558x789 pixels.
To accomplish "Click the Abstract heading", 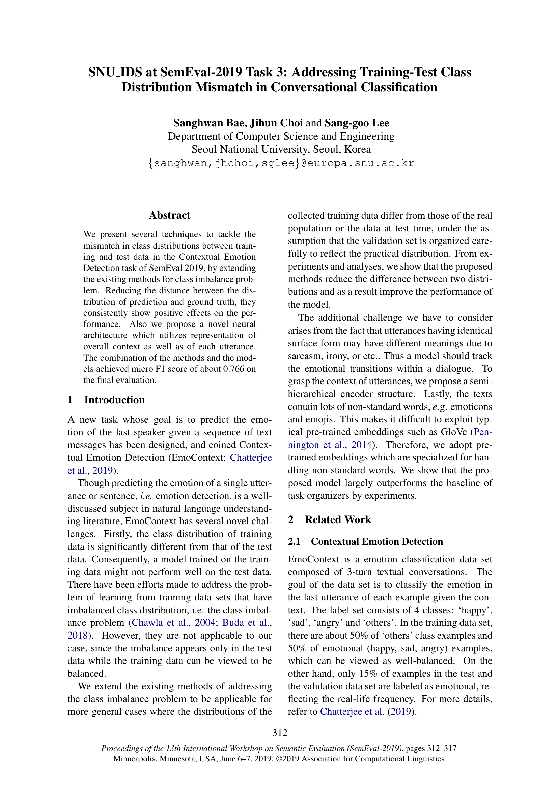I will coord(169,215).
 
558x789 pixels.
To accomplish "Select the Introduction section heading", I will coord(114,400).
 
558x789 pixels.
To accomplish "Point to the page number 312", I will coord(280,733).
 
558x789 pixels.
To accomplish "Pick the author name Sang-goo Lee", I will coord(357,123).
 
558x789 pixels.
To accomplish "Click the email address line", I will coord(281,163).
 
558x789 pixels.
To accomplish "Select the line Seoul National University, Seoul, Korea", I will coord(281,149).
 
